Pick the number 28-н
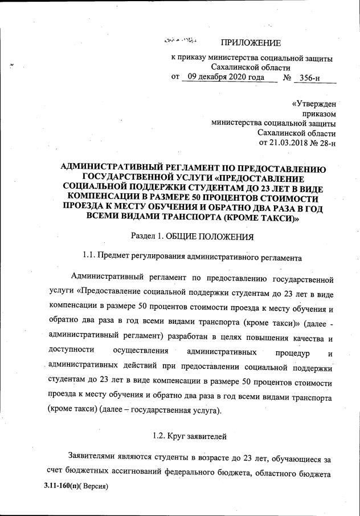pos(324,142)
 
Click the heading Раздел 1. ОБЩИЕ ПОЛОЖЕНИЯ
pos(192,235)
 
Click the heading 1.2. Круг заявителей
pos(190,436)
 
